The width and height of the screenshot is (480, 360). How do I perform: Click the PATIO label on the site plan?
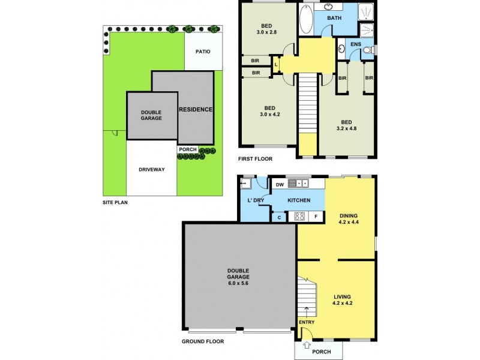[203, 52]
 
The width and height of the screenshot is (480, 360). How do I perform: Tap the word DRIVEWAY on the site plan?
[151, 169]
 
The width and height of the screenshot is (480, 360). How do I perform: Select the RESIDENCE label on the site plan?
[196, 109]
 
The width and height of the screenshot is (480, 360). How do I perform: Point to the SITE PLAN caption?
[115, 203]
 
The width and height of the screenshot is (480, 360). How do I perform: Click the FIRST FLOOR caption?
[256, 159]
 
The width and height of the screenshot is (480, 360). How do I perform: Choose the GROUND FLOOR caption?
[203, 341]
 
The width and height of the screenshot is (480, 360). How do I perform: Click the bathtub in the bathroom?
[305, 19]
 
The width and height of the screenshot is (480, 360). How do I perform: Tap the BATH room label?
[334, 18]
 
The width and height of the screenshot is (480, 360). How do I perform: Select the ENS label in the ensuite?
[356, 44]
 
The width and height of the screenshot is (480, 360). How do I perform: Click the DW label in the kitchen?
[280, 185]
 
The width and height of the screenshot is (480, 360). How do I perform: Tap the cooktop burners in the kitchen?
[300, 217]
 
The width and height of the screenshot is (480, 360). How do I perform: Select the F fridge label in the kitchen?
[316, 217]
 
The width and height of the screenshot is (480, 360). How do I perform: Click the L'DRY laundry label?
[256, 200]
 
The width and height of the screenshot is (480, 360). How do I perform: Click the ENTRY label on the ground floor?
[307, 322]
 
